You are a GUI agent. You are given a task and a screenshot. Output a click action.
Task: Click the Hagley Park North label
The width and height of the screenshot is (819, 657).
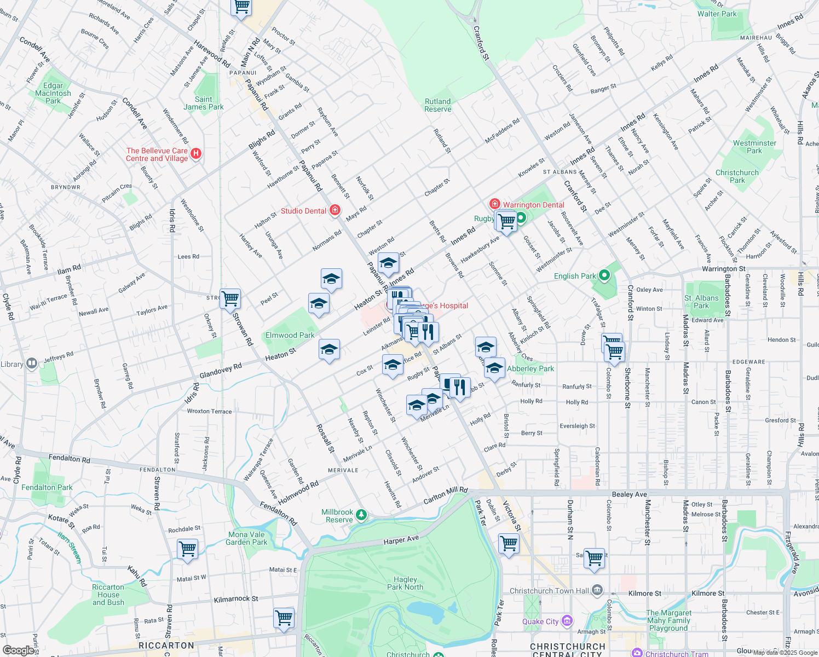(x=405, y=583)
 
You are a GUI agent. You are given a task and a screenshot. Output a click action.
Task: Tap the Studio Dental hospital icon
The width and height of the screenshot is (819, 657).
(x=335, y=211)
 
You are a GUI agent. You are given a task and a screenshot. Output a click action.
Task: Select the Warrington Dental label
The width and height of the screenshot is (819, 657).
(x=533, y=205)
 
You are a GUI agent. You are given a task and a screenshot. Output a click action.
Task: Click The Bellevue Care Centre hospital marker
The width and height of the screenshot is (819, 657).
(x=197, y=154)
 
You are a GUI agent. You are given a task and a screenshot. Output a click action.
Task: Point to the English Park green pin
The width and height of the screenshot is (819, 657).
(x=604, y=275)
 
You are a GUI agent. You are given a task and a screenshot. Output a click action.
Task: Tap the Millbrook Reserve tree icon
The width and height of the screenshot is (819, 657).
(x=361, y=515)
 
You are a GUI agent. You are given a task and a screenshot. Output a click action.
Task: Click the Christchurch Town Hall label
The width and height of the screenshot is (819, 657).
(x=550, y=591)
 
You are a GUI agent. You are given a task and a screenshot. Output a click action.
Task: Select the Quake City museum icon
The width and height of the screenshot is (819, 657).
(x=567, y=621)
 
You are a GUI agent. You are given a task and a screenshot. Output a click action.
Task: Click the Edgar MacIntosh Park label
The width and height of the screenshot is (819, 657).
(x=53, y=93)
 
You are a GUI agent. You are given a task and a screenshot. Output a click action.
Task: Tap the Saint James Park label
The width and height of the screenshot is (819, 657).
(x=204, y=103)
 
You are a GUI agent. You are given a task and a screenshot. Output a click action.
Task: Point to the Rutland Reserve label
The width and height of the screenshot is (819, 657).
(x=438, y=105)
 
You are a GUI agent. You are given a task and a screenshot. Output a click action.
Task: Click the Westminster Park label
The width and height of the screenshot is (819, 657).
(x=754, y=147)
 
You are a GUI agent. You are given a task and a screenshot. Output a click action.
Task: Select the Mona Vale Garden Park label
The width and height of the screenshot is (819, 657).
(x=246, y=538)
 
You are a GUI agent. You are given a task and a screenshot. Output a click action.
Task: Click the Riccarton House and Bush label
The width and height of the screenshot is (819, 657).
(x=108, y=595)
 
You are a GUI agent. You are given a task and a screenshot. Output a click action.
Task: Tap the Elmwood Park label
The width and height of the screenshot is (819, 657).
(x=290, y=335)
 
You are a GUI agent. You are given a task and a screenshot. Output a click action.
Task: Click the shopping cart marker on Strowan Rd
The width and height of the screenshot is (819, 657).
(x=230, y=299)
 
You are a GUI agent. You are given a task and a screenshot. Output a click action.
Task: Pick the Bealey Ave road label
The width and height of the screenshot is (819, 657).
(x=630, y=494)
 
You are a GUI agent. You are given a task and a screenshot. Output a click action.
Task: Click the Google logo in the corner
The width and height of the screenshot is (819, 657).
(x=18, y=650)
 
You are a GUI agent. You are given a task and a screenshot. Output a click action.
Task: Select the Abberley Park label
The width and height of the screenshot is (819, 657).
(x=530, y=368)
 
